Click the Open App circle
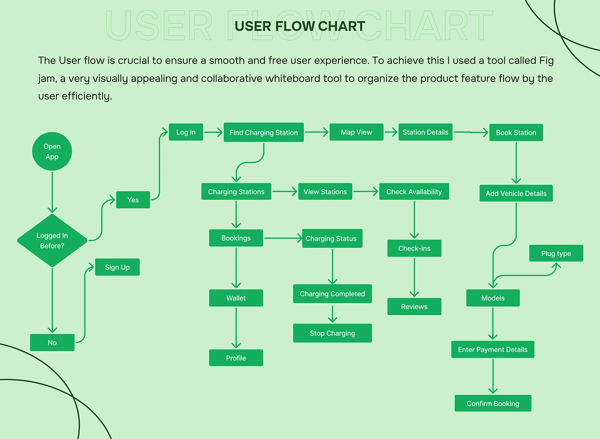[52, 151]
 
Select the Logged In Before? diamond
[52, 241]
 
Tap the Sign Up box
[117, 267]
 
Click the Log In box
[186, 132]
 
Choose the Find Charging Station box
[264, 132]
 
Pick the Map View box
[356, 132]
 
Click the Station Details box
[425, 132]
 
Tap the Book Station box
[516, 132]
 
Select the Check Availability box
[414, 192]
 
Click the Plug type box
[556, 253]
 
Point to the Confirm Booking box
[493, 403]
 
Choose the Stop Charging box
[332, 333]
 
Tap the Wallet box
[236, 298]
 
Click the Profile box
[236, 358]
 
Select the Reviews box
[414, 307]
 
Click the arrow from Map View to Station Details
[391, 132]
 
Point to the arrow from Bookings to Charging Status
[283, 238]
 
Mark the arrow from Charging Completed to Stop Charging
[333, 313]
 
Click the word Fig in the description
[546, 60]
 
